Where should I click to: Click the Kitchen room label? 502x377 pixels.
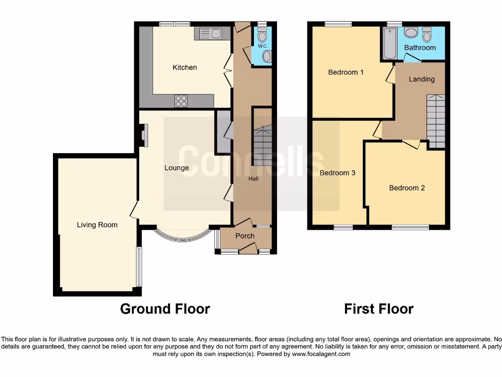click(185, 67)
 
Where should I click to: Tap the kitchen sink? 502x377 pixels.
click(209, 34)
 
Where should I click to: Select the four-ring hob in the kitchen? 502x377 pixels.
click(181, 101)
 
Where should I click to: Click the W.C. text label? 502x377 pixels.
click(262, 46)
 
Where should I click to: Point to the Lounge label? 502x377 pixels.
click(176, 168)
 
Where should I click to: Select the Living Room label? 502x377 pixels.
click(97, 225)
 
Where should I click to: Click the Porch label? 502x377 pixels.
click(245, 236)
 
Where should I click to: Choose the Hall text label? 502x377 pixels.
click(253, 179)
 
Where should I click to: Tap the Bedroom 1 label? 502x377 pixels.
click(346, 72)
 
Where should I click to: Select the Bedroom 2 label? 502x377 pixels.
click(407, 188)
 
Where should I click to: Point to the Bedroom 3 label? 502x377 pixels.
click(337, 173)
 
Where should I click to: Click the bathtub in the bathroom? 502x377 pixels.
click(390, 44)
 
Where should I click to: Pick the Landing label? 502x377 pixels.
click(422, 79)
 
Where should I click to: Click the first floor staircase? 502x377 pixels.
click(435, 121)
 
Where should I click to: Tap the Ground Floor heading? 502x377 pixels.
click(165, 309)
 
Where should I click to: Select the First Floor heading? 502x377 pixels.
click(378, 309)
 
